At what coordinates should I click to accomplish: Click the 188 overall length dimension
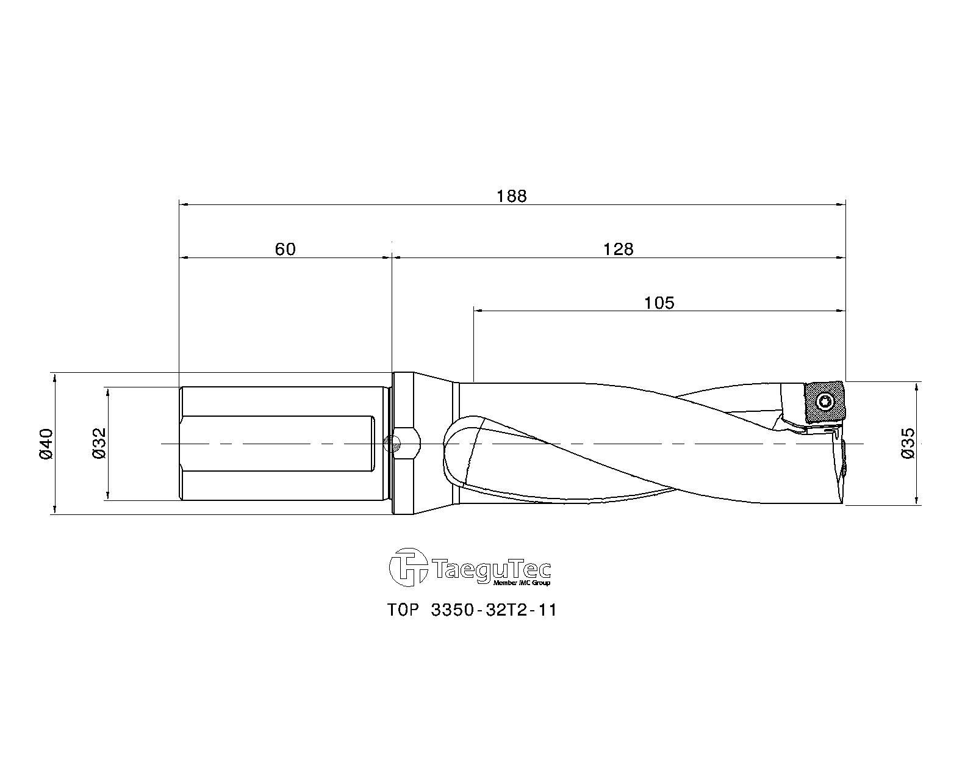click(511, 196)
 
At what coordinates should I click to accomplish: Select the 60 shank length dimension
click(285, 249)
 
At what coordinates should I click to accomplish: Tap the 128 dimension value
click(618, 249)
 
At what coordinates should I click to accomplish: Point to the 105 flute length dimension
click(659, 303)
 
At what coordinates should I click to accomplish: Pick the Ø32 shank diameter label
click(99, 444)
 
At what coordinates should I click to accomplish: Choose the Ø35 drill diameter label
click(908, 444)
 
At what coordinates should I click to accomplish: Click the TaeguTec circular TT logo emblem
click(409, 567)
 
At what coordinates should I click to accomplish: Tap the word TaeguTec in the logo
click(492, 569)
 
